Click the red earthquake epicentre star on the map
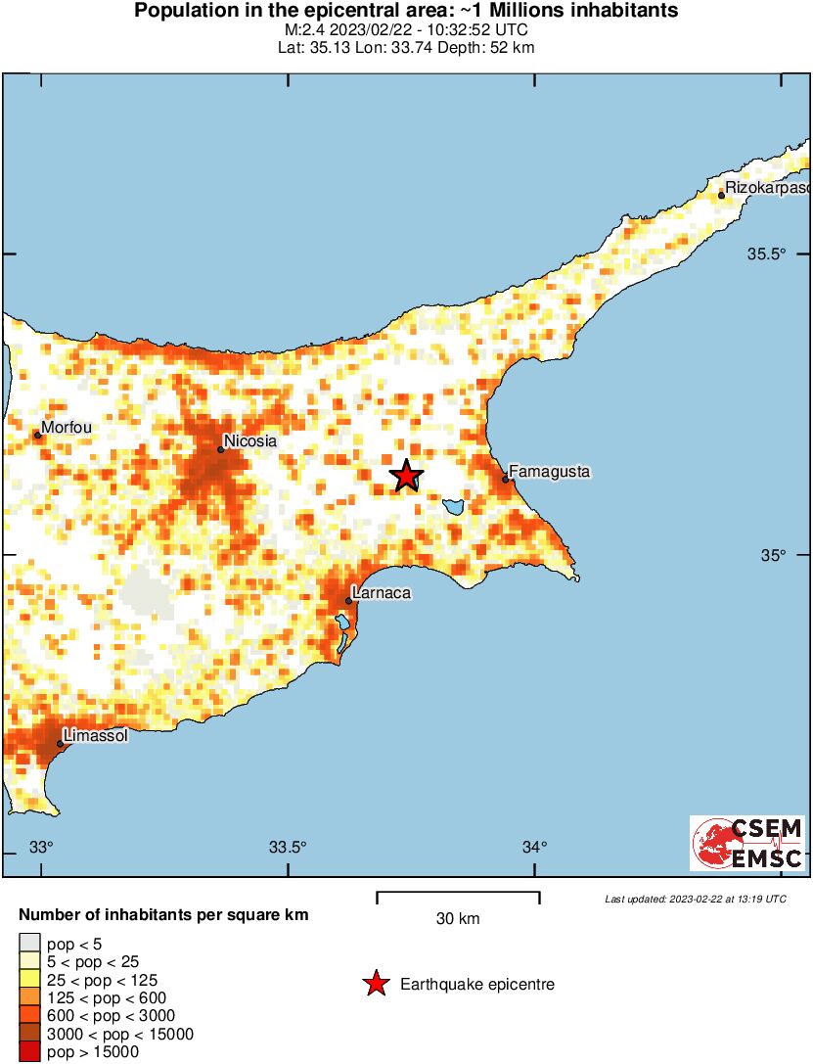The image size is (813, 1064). [x=406, y=476]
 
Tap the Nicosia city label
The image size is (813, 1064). [x=250, y=441]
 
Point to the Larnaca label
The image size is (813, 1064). [x=381, y=593]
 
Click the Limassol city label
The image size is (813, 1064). [x=95, y=735]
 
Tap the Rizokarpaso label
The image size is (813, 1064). [x=768, y=187]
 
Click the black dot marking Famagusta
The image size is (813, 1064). [x=506, y=479]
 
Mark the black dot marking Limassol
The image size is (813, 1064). [x=60, y=743]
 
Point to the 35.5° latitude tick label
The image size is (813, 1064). [x=767, y=254]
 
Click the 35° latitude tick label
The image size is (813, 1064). [x=774, y=555]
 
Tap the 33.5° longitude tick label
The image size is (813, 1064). [x=288, y=847]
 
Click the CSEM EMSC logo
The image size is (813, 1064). [x=747, y=843]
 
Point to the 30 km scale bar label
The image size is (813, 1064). [x=458, y=918]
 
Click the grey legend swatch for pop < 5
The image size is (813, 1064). [x=29, y=944]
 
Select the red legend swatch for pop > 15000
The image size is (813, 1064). [x=29, y=1051]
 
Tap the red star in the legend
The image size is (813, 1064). [x=375, y=984]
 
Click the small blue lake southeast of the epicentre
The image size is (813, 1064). [x=452, y=507]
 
